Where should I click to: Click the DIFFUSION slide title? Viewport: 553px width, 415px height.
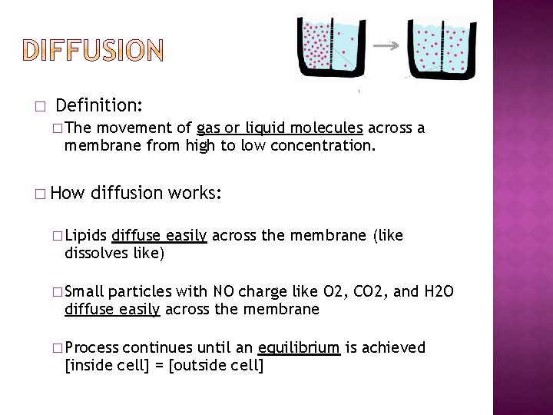(x=92, y=51)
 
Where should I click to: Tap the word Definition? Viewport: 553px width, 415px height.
(x=99, y=104)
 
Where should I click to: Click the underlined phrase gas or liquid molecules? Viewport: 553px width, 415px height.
(x=280, y=128)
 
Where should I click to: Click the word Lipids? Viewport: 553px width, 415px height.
(x=86, y=235)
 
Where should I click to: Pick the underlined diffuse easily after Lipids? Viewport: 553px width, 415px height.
(x=159, y=235)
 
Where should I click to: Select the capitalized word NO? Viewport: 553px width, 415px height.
(x=224, y=291)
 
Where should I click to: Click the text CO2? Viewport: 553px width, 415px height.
(x=372, y=291)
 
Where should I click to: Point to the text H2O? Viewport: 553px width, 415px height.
(x=439, y=291)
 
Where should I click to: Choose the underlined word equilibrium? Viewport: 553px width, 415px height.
(x=299, y=347)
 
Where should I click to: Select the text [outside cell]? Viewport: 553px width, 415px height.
(x=216, y=365)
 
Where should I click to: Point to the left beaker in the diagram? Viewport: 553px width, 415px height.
(x=329, y=48)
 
